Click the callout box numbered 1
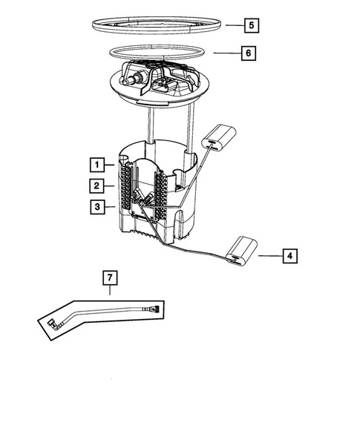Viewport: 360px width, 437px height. coord(97,164)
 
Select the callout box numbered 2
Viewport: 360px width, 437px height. coord(97,185)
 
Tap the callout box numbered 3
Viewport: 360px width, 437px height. coord(97,208)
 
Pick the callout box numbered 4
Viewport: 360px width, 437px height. coord(290,256)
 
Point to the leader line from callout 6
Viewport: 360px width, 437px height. coord(226,53)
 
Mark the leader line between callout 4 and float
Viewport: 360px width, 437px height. coord(269,256)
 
